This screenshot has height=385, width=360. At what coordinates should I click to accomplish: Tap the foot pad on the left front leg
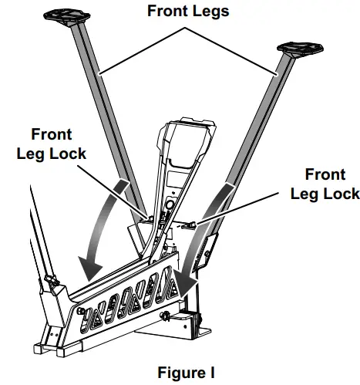point(64,15)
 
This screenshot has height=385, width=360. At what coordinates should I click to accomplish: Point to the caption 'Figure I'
point(183,373)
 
